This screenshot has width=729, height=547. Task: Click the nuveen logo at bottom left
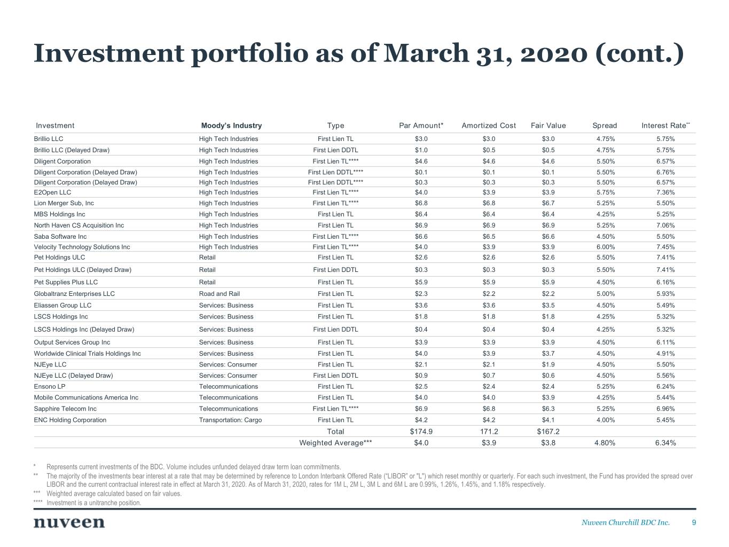69,522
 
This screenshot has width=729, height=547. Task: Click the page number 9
694,522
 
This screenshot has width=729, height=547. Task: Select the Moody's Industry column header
231,126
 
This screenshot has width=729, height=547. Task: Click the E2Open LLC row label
52,192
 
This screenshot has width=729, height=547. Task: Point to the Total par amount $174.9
421,432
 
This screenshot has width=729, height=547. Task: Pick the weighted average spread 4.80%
605,443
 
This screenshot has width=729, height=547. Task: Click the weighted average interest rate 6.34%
665,443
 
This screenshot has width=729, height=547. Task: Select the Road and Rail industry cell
220,294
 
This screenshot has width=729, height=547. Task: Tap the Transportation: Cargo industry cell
230,420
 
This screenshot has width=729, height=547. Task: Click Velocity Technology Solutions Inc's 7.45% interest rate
665,247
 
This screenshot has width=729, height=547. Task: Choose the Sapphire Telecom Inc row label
65,409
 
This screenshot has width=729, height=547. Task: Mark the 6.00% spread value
605,247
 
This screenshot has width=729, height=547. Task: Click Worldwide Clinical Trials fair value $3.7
548,354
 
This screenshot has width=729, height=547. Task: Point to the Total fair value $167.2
548,432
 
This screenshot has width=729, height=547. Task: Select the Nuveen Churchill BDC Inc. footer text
625,522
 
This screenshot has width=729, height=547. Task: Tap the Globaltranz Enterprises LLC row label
74,294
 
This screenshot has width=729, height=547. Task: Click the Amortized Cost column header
489,126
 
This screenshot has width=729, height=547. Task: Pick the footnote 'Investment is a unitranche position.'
94,503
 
